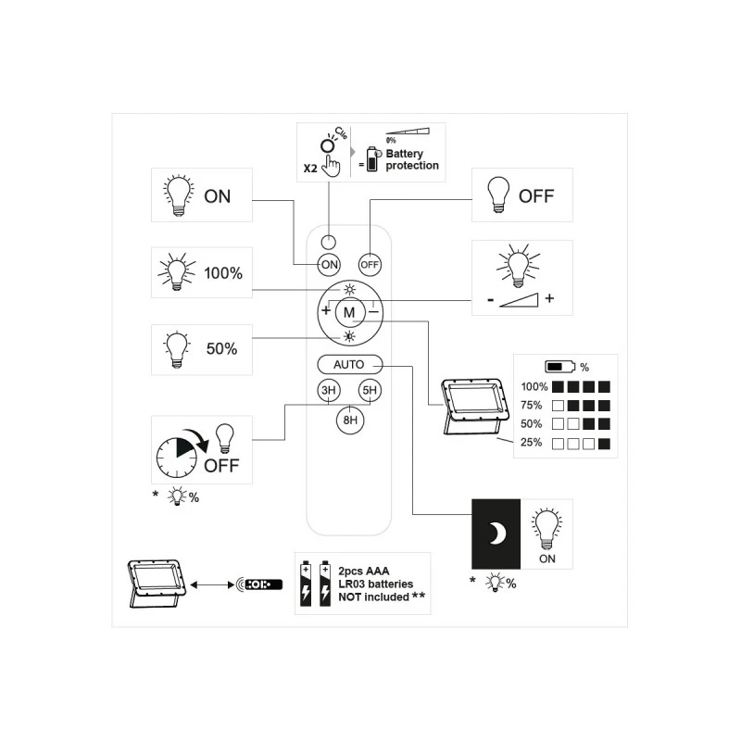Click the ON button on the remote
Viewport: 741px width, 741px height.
click(329, 264)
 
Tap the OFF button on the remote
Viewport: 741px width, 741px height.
click(370, 264)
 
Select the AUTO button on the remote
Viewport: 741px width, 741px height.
click(349, 364)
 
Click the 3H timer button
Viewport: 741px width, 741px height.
click(328, 391)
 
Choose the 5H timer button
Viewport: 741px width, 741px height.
click(370, 391)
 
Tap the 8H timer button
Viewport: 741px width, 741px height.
click(349, 420)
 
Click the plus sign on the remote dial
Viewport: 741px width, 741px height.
click(326, 310)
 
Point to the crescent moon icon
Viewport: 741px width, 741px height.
click(498, 534)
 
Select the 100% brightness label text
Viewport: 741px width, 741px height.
click(223, 273)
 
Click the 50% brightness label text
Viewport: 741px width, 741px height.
click(222, 349)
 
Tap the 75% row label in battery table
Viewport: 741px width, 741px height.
click(533, 406)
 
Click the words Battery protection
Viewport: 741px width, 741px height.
click(412, 159)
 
